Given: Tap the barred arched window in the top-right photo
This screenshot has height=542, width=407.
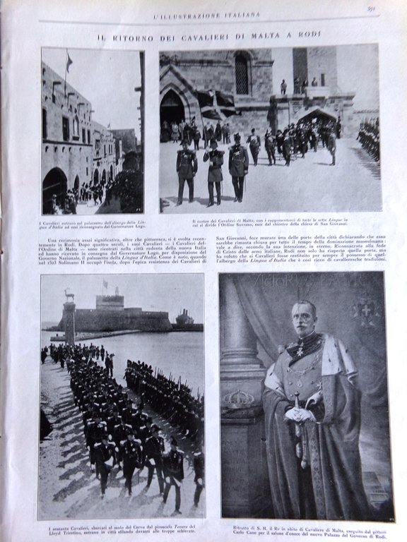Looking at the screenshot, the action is [242, 73].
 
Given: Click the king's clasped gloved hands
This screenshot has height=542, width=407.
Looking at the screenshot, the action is [300, 414].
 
